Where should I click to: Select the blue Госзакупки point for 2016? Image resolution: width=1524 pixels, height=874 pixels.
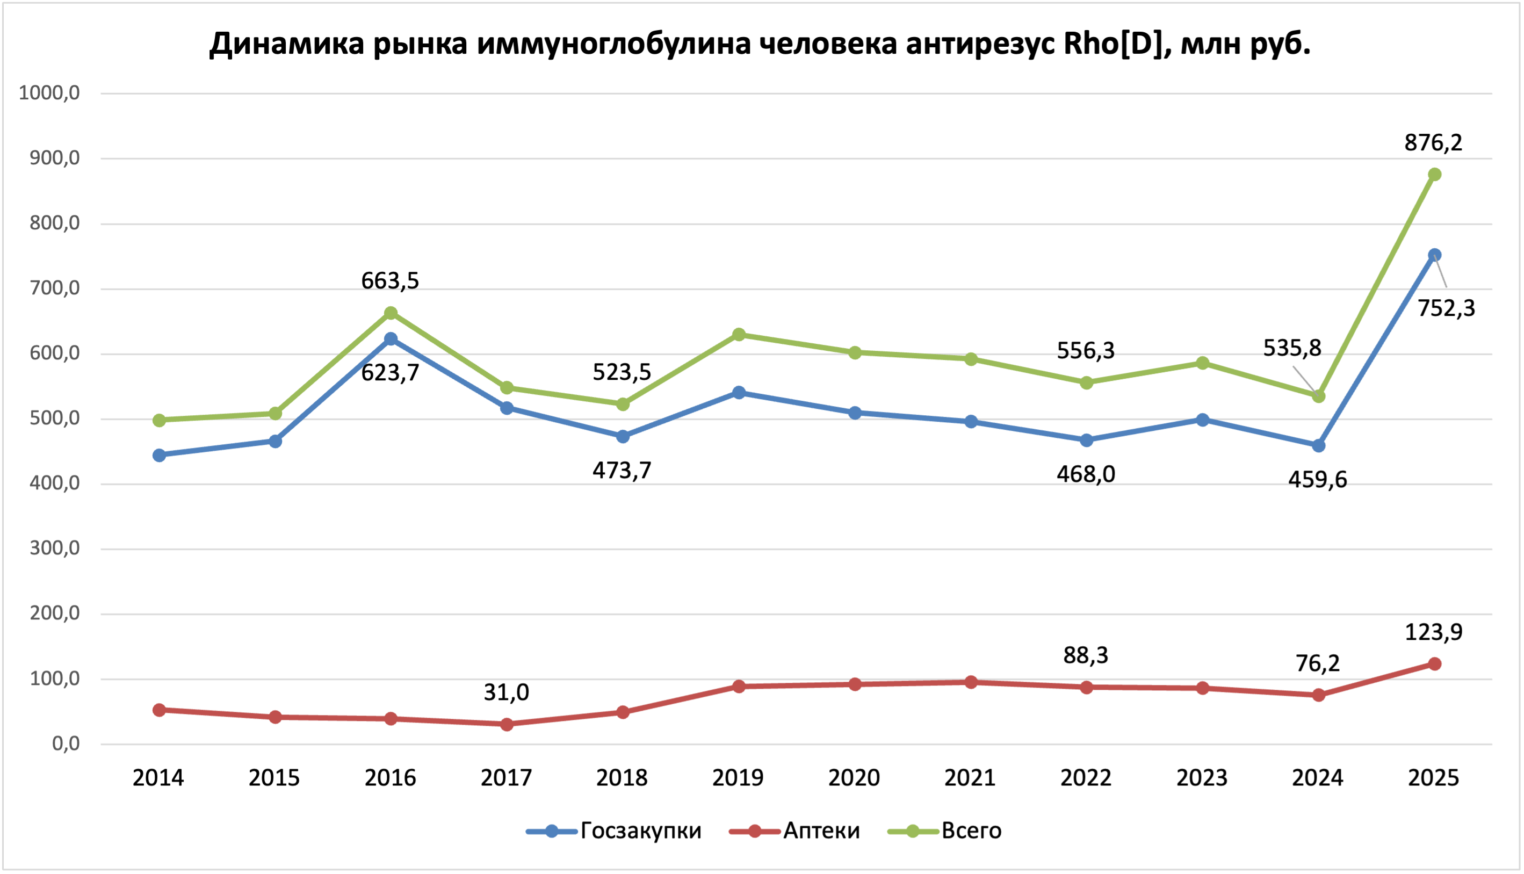pyautogui.click(x=391, y=339)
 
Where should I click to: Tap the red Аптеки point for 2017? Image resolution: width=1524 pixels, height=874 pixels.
pyautogui.click(x=507, y=725)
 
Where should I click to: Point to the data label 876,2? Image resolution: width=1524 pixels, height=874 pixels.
pyautogui.click(x=1433, y=143)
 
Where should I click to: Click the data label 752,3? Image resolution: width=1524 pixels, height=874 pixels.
pyautogui.click(x=1446, y=308)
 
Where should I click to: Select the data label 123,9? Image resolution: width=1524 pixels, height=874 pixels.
pyautogui.click(x=1434, y=632)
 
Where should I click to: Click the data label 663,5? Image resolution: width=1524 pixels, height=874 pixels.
pyautogui.click(x=390, y=281)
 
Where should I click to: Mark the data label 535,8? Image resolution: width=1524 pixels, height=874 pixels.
pyautogui.click(x=1292, y=348)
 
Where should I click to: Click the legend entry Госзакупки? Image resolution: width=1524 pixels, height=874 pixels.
pyautogui.click(x=640, y=831)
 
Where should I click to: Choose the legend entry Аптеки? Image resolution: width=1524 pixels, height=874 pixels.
pyautogui.click(x=821, y=831)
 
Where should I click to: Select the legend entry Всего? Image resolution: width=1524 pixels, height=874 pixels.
pyautogui.click(x=971, y=831)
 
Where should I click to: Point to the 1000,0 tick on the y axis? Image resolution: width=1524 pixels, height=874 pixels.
pyautogui.click(x=49, y=93)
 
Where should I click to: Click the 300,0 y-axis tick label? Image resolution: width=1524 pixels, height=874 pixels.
pyautogui.click(x=55, y=548)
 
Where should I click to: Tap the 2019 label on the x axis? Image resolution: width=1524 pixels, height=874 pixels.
pyautogui.click(x=738, y=778)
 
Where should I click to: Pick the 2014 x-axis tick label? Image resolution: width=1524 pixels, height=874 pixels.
pyautogui.click(x=158, y=778)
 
